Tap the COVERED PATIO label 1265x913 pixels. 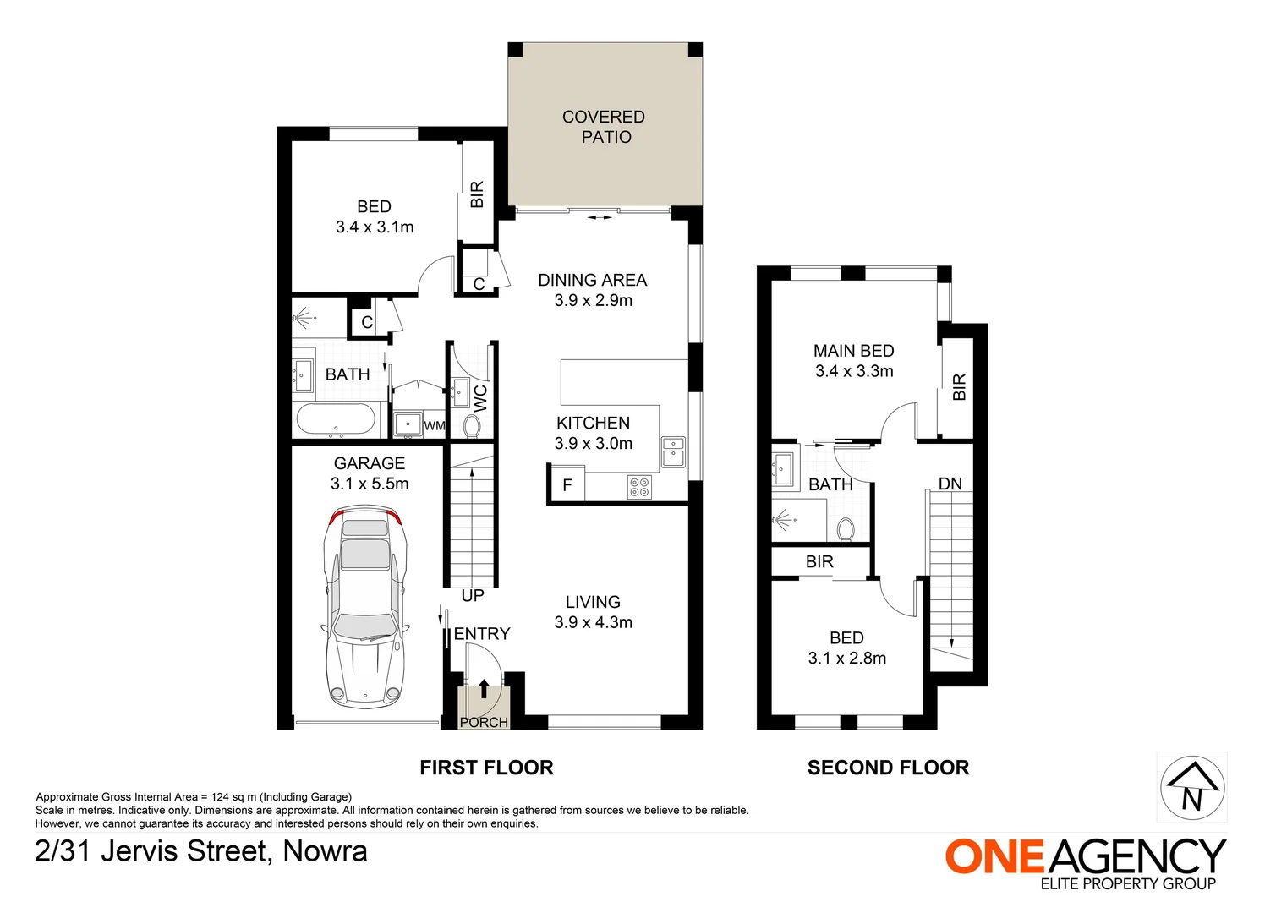(604, 127)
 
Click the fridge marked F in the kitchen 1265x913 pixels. (567, 485)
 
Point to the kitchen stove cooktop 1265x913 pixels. (639, 486)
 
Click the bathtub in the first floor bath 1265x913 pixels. (336, 420)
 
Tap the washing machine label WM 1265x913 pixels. (435, 426)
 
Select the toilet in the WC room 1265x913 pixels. (472, 425)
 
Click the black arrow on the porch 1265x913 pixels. (484, 688)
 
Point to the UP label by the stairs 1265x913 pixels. (473, 596)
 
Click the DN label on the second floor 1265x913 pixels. (950, 484)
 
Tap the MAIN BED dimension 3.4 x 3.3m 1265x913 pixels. (854, 371)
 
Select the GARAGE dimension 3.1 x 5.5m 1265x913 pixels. (370, 484)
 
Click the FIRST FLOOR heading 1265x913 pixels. (486, 768)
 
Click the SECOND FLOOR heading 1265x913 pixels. (888, 768)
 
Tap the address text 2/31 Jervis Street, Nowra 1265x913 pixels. (201, 850)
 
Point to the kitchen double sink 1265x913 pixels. (673, 451)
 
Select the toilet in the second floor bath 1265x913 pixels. (845, 530)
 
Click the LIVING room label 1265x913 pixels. (593, 602)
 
